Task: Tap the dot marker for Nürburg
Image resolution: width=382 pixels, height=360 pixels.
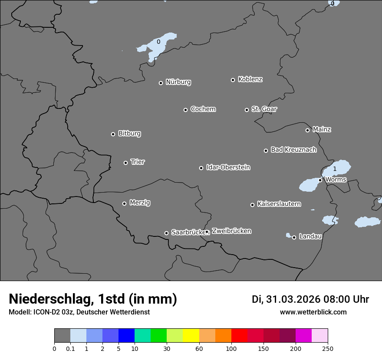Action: point(161,83)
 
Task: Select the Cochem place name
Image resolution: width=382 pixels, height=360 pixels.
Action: point(203,109)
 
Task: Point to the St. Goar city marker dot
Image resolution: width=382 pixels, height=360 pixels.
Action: point(247,110)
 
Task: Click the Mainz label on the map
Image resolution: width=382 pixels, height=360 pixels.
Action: point(322,129)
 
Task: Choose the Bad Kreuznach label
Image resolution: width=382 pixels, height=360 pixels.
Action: point(293,150)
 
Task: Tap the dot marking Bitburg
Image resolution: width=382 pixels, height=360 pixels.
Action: point(113,134)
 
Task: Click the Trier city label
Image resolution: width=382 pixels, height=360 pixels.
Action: point(138,162)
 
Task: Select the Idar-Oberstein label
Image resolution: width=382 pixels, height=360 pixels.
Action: point(228,167)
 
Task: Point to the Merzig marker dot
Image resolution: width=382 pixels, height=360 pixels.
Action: point(124,203)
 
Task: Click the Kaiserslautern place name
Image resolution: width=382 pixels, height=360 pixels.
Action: point(279,204)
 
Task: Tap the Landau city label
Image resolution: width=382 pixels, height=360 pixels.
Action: point(310,236)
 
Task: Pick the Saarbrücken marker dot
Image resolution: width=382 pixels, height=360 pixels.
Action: point(166,233)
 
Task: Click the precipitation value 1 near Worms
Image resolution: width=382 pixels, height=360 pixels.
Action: point(335,169)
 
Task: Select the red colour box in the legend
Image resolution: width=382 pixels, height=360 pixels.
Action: point(239,336)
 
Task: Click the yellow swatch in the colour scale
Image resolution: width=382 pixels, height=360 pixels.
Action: point(191,336)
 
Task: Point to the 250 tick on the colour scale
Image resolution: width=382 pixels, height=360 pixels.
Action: point(327,348)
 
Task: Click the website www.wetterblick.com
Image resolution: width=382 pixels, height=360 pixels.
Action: point(313,312)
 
